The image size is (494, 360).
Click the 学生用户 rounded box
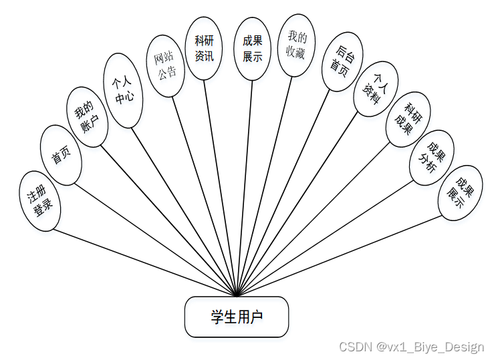point(237,317)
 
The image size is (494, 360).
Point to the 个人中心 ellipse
point(124,92)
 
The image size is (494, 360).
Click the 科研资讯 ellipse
point(204,49)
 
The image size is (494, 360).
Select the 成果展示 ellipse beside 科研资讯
point(253,49)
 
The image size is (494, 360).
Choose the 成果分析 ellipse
point(431,158)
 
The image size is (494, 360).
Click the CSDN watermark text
point(411,347)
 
